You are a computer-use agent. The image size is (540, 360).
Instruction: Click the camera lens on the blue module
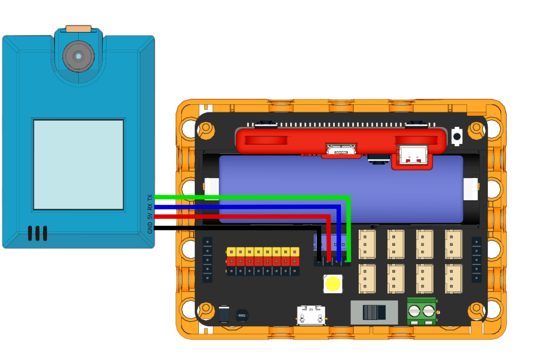tap(79, 56)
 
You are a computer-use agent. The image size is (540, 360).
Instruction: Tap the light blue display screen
tap(79, 165)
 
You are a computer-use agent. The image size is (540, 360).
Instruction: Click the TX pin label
tap(150, 198)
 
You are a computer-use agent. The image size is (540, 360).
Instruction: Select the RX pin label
tap(150, 207)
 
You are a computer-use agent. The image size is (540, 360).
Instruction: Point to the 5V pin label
tap(150, 216)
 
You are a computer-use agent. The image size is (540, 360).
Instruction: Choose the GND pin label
tap(150, 228)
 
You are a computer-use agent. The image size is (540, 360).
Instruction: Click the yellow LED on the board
tap(333, 284)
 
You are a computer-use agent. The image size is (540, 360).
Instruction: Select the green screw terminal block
tap(422, 311)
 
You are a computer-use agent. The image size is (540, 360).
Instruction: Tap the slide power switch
tap(374, 312)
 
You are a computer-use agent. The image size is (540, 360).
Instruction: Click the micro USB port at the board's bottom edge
tap(311, 315)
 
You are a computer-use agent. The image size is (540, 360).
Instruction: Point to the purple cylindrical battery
tap(341, 189)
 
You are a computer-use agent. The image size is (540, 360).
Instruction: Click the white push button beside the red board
tap(457, 136)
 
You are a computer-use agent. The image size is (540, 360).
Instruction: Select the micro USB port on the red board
tap(341, 150)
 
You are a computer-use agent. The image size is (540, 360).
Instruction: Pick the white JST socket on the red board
tap(414, 155)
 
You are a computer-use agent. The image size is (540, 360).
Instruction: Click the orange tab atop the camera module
tap(79, 29)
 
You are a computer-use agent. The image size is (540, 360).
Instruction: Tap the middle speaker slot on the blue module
tap(37, 233)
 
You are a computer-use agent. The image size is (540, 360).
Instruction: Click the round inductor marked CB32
tap(242, 315)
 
